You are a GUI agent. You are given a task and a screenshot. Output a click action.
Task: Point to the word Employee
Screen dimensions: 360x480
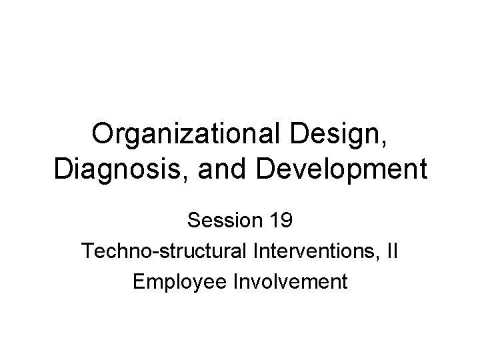(x=175, y=282)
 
